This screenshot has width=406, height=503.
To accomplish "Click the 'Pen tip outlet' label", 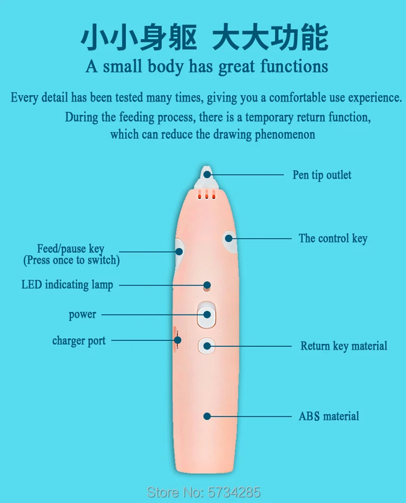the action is pyautogui.click(x=322, y=175).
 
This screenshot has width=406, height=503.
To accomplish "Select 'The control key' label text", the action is pyautogui.click(x=333, y=238).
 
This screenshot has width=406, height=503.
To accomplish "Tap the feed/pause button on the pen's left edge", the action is pyautogui.click(x=179, y=250).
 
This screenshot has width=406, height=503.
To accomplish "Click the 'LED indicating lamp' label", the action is pyautogui.click(x=67, y=285).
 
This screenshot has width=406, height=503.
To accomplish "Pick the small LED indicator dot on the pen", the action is pyautogui.click(x=207, y=285).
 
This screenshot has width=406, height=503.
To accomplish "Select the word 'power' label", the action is pyautogui.click(x=82, y=314).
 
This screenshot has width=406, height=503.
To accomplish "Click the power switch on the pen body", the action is pyautogui.click(x=206, y=314).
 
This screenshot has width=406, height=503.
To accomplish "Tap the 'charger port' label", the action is pyautogui.click(x=79, y=341).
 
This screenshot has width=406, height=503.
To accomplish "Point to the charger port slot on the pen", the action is pyautogui.click(x=176, y=340).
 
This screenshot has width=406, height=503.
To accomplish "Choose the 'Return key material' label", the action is pyautogui.click(x=344, y=346).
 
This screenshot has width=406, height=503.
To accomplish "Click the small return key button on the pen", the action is pyautogui.click(x=206, y=345).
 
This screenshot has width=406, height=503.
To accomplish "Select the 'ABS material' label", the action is pyautogui.click(x=329, y=416).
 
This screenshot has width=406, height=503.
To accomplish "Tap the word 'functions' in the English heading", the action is pyautogui.click(x=294, y=67).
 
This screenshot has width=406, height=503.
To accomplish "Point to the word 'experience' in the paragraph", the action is pyautogui.click(x=374, y=98).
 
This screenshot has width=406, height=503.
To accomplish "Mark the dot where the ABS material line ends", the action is pyautogui.click(x=207, y=416).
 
